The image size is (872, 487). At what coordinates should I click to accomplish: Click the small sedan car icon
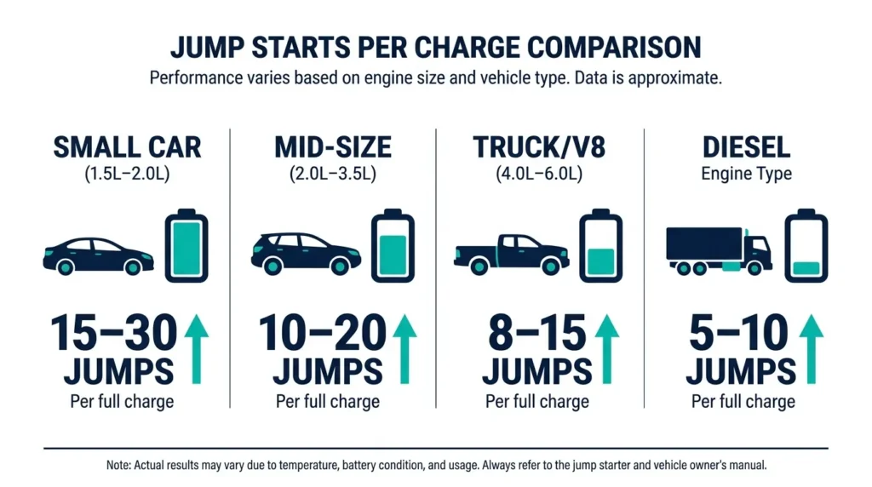98,255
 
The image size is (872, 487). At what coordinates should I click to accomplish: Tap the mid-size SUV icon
306,253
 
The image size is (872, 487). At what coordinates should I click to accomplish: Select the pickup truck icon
511,253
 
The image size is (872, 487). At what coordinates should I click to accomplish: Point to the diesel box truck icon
719,250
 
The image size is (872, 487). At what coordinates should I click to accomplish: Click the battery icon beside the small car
186,246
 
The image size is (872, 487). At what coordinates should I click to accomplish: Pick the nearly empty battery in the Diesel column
806,246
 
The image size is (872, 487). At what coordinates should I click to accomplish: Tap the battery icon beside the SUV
393,246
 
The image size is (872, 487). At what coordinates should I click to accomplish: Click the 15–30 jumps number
114,333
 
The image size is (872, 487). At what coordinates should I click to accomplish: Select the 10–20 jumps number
320,333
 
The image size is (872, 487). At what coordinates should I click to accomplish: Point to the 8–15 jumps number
536,333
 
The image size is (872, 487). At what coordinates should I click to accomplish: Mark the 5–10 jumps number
739,333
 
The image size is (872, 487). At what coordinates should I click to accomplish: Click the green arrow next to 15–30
197,348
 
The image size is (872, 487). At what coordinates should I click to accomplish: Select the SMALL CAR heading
127,147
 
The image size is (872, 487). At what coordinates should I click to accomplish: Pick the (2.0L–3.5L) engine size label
332,174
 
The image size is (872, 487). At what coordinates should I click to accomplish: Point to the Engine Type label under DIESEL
746,174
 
